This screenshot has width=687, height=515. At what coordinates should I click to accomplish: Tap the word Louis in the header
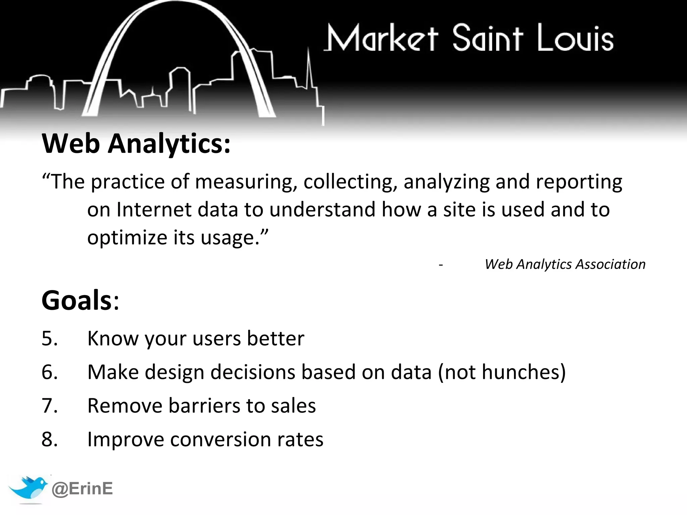click(x=575, y=39)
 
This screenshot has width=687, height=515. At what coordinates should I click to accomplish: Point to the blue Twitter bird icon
click(x=28, y=488)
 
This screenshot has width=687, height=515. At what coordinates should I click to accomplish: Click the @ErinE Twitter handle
click(x=82, y=489)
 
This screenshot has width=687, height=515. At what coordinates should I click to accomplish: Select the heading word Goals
click(x=76, y=300)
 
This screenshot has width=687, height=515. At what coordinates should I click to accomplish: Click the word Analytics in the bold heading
click(x=169, y=144)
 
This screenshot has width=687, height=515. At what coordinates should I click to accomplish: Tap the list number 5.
click(x=49, y=338)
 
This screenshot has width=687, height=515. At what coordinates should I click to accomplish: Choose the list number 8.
click(x=49, y=440)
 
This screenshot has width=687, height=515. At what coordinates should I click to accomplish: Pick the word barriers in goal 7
click(x=204, y=406)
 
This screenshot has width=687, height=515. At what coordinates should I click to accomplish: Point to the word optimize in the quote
click(x=127, y=238)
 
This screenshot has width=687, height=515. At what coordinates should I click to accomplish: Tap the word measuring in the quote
click(x=246, y=182)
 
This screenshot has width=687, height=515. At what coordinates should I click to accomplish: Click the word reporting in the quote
click(x=579, y=182)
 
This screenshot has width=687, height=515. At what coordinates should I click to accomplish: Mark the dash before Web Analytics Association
click(x=441, y=265)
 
